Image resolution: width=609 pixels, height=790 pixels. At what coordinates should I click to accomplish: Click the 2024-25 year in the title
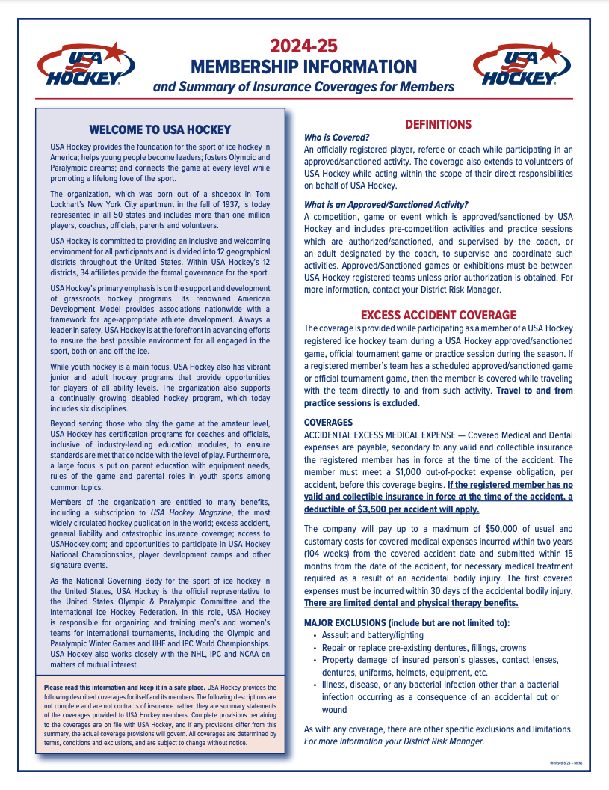click(303, 46)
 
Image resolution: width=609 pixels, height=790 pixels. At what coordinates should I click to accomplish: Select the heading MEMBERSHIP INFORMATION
click(303, 67)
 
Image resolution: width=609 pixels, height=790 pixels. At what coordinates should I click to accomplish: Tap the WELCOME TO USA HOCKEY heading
click(160, 129)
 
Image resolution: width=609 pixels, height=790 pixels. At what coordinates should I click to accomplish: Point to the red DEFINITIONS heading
click(438, 124)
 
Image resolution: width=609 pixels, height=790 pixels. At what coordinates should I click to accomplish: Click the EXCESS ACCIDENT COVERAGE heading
click(438, 315)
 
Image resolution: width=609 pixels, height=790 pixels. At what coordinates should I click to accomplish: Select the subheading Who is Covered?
click(337, 138)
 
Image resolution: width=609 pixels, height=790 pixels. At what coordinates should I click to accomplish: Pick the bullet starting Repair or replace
click(424, 647)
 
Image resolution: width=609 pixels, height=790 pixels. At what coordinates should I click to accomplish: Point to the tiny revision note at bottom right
click(565, 762)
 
